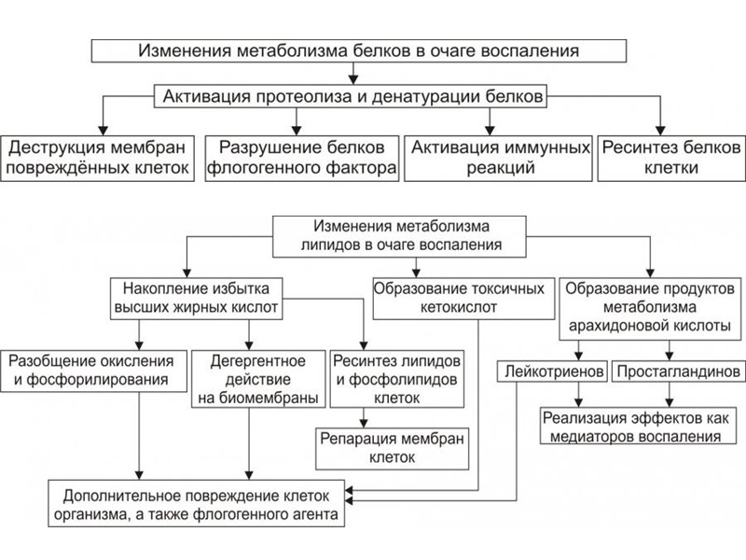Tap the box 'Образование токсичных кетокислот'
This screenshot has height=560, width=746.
pyautogui.click(x=457, y=296)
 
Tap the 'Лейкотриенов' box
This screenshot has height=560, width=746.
pyautogui.click(x=552, y=371)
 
